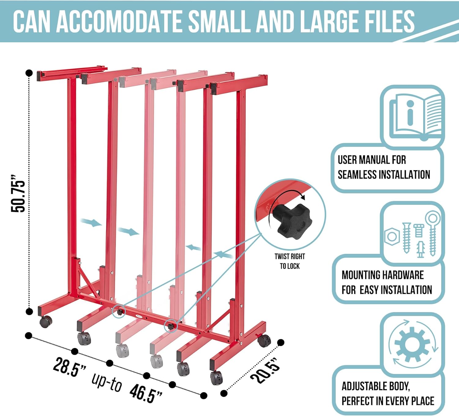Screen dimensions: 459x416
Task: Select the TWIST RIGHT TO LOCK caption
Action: click(x=290, y=261)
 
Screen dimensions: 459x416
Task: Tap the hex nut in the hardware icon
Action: click(x=392, y=236)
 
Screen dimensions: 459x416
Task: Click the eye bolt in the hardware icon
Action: click(x=432, y=233)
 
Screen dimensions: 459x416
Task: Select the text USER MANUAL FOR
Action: click(x=372, y=160)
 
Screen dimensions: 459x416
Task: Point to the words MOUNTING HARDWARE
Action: click(x=382, y=275)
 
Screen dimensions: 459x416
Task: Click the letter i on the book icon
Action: click(x=410, y=113)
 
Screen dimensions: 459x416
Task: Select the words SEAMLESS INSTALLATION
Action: click(x=384, y=175)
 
